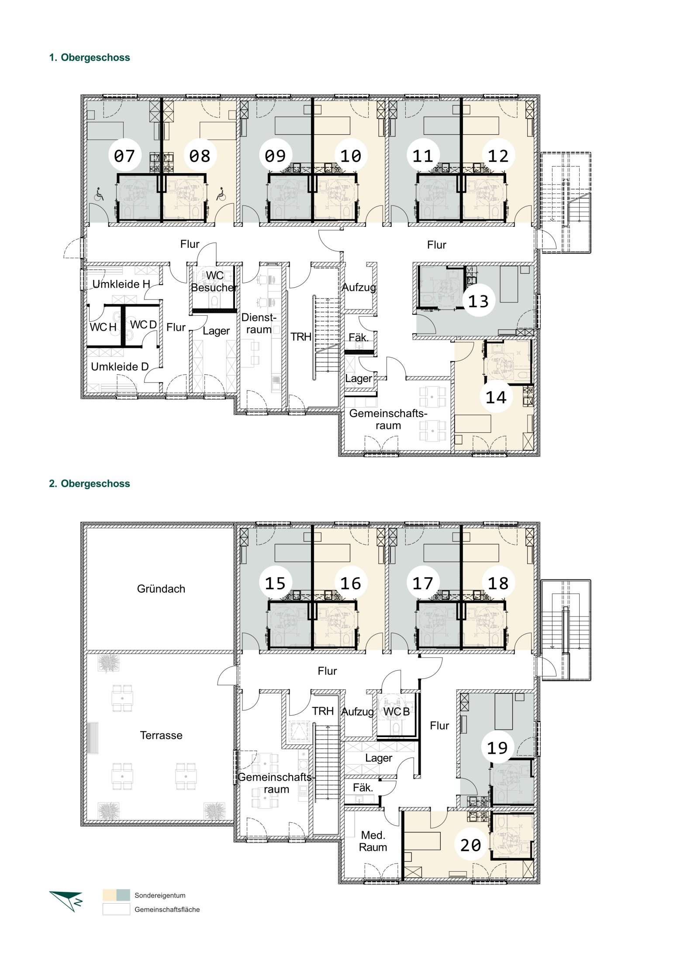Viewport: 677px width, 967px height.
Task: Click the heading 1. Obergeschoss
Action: [x=90, y=58]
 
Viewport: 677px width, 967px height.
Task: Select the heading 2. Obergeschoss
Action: [x=90, y=483]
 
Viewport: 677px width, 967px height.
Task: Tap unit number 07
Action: [x=124, y=156]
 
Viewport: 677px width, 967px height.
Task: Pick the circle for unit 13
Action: [x=479, y=301]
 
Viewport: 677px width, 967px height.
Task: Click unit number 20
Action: [x=471, y=845]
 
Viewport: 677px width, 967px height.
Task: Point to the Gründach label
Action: [x=161, y=589]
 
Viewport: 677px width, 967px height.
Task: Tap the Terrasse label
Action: [x=161, y=735]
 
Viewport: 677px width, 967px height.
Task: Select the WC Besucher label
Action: [x=214, y=282]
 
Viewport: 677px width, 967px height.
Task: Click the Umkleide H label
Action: [x=121, y=284]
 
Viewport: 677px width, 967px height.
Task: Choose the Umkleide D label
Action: [x=120, y=367]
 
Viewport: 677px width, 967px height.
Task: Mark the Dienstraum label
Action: [x=259, y=323]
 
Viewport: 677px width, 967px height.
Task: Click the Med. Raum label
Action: [x=373, y=841]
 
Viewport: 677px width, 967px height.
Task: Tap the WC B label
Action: [x=397, y=712]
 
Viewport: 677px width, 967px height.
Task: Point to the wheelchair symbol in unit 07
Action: [x=100, y=194]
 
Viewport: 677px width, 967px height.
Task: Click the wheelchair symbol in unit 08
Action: [x=221, y=194]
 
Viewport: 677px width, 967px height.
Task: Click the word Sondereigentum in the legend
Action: [x=160, y=895]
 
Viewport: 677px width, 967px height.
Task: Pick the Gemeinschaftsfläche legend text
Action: [x=167, y=909]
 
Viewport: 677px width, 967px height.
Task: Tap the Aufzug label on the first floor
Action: [x=359, y=288]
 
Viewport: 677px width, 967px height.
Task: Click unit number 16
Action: [x=351, y=584]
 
